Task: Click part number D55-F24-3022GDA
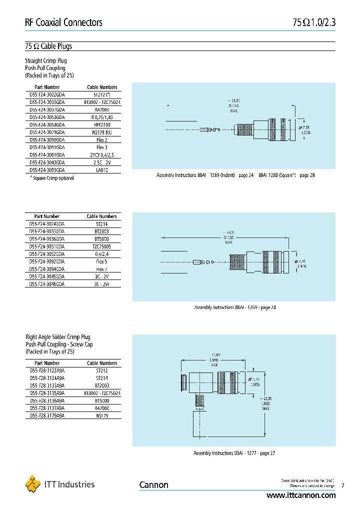pyautogui.click(x=47, y=94)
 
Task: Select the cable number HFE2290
pyautogui.click(x=101, y=124)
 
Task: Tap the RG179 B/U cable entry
pyautogui.click(x=101, y=132)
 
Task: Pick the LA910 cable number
pyautogui.click(x=101, y=170)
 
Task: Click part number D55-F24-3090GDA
pyautogui.click(x=47, y=140)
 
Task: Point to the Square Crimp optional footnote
pyautogui.click(x=49, y=178)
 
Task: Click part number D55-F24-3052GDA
pyautogui.click(x=47, y=254)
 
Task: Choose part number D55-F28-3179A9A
pyautogui.click(x=47, y=415)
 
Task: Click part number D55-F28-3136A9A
pyautogui.click(x=47, y=400)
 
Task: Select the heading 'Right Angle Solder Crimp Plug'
pyautogui.click(x=57, y=337)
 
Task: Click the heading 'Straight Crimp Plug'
pyautogui.click(x=46, y=60)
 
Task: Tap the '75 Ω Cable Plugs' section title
pyautogui.click(x=48, y=46)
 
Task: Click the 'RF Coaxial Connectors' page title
pyautogui.click(x=63, y=22)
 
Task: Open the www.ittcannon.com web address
pyautogui.click(x=301, y=495)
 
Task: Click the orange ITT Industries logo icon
pyautogui.click(x=33, y=484)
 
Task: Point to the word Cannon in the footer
pyautogui.click(x=153, y=485)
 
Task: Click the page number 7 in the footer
pyautogui.click(x=342, y=485)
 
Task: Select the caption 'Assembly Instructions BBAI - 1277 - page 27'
pyautogui.click(x=234, y=453)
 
